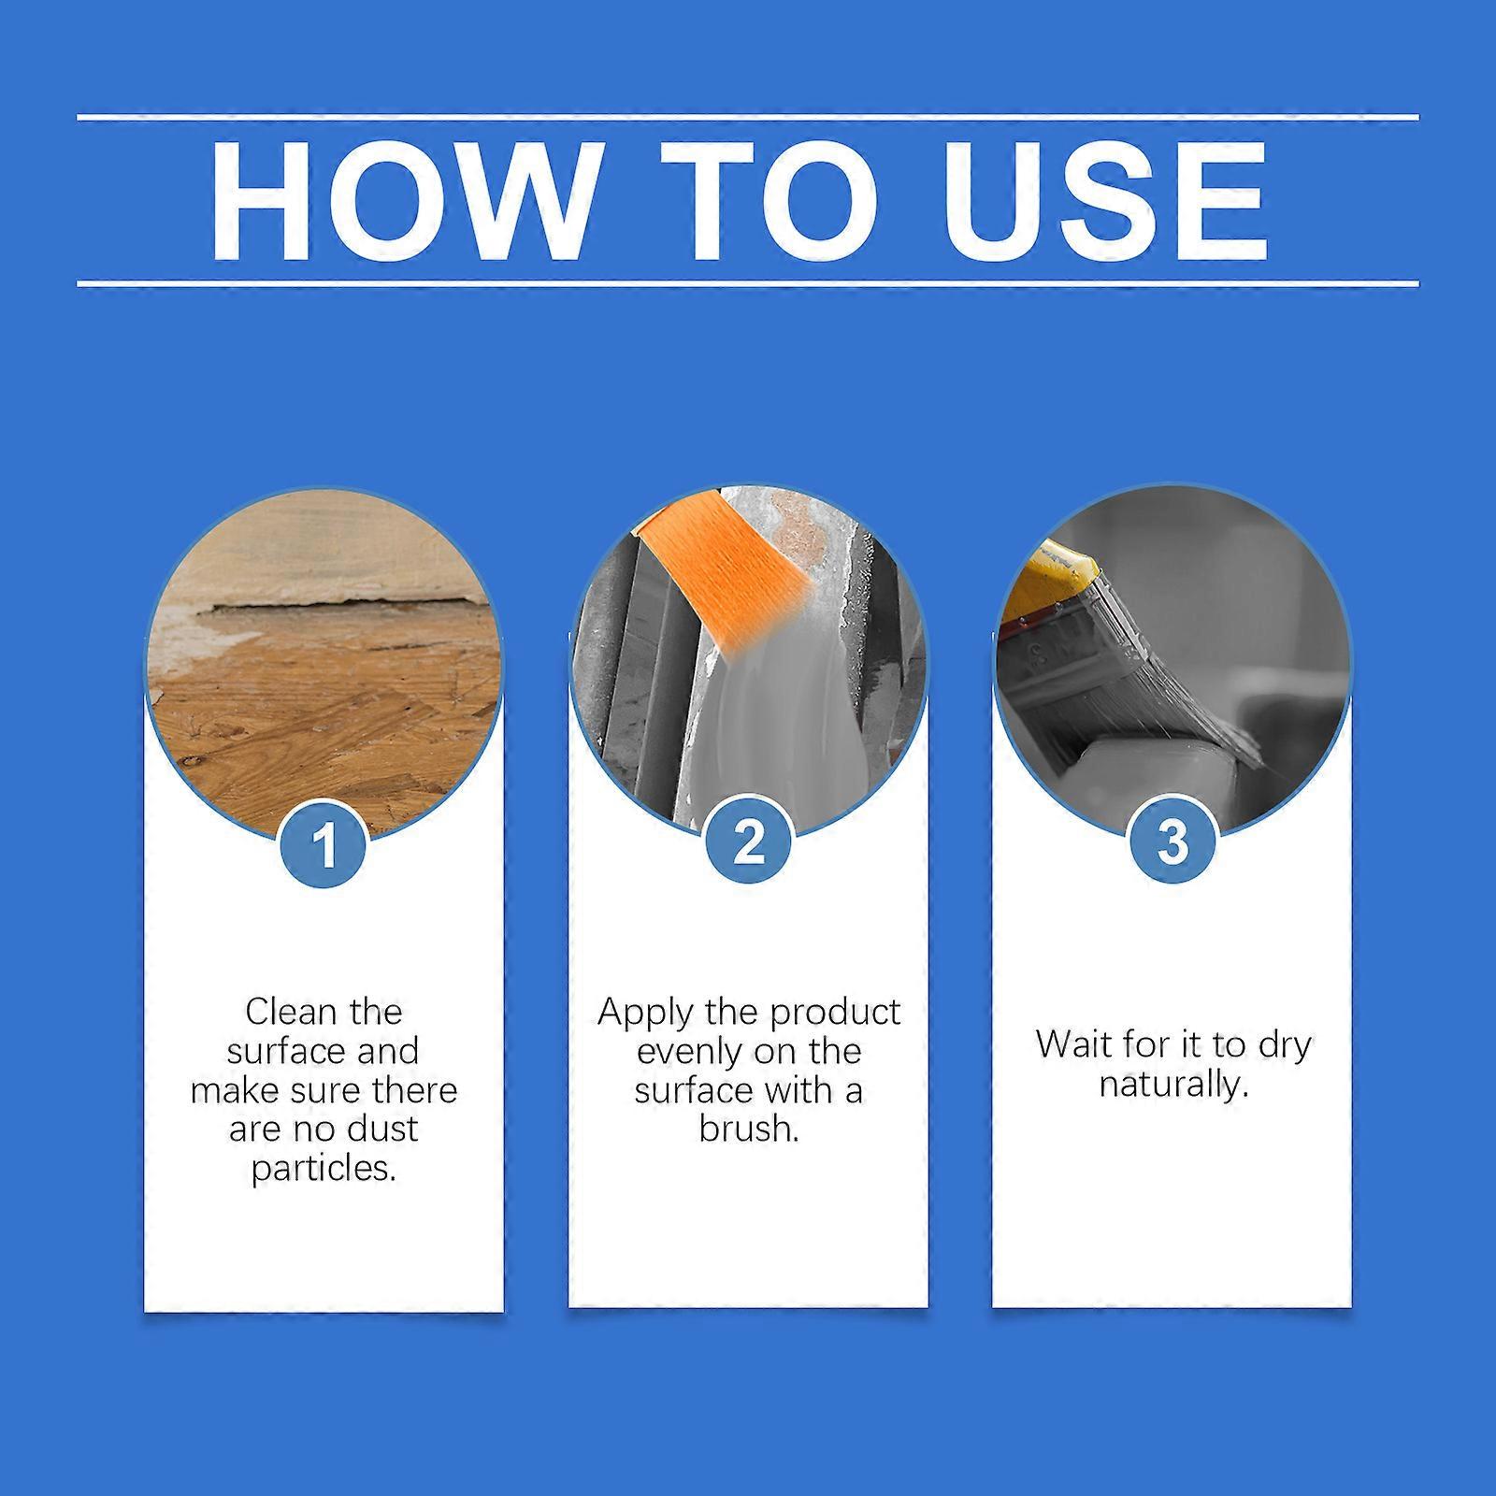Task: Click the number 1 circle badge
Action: point(324,844)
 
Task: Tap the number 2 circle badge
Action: point(748,841)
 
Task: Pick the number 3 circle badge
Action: point(1172,841)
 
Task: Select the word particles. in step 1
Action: point(324,1169)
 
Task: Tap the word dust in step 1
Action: point(378,1129)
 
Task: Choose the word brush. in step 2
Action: point(748,1129)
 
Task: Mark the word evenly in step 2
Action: point(681,1052)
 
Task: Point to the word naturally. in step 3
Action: point(1172,1085)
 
